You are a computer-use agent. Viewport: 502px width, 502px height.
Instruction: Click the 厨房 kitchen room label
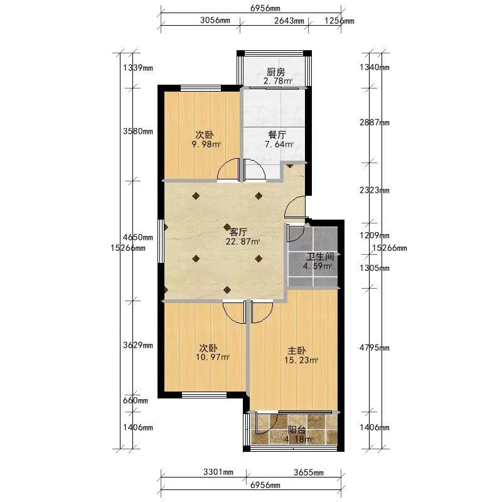click(275, 72)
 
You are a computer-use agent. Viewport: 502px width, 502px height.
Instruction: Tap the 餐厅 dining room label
click(277, 135)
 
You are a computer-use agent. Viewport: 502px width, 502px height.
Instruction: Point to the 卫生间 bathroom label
click(321, 257)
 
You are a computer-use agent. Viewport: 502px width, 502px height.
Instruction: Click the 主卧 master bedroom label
click(297, 351)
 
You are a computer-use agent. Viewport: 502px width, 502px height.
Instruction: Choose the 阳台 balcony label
click(297, 430)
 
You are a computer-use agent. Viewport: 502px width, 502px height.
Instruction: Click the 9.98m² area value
click(206, 144)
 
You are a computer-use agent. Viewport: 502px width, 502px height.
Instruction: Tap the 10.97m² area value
click(213, 357)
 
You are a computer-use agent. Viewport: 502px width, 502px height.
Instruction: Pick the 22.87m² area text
click(243, 242)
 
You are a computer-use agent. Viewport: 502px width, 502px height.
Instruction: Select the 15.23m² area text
click(301, 360)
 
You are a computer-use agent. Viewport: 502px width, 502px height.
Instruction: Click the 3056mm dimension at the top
click(215, 20)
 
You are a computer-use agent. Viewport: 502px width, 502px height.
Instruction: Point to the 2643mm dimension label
click(289, 21)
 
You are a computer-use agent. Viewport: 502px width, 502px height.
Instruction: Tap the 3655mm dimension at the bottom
click(309, 473)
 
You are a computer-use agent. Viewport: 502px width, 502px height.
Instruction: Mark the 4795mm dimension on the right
click(374, 348)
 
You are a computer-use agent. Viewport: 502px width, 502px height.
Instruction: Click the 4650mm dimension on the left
click(138, 238)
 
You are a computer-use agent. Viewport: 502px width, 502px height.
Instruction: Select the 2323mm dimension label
click(374, 190)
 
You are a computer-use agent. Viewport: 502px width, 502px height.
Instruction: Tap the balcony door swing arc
click(266, 424)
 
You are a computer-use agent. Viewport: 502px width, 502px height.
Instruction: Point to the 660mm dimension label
click(136, 400)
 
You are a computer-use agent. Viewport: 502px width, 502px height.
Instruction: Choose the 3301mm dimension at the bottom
click(218, 472)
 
